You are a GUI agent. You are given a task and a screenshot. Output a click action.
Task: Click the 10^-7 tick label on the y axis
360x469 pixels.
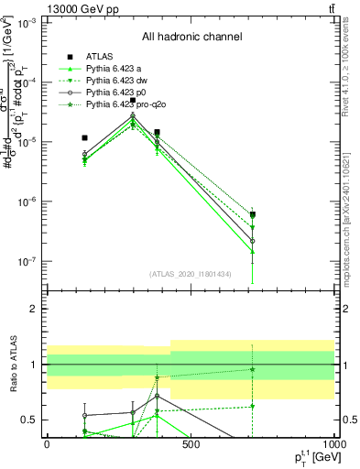coord(26,261)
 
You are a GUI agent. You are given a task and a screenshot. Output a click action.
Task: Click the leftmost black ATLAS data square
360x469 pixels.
coord(84,138)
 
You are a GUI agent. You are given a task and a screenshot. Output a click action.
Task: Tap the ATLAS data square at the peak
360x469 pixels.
coord(133,101)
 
